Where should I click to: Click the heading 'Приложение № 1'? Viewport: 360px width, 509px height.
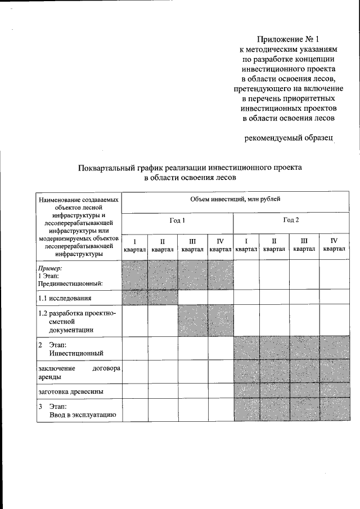288,39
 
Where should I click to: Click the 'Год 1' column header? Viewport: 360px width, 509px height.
177,220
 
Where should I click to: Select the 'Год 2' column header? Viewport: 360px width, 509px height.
291,220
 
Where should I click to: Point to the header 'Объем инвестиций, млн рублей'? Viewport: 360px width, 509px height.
235,199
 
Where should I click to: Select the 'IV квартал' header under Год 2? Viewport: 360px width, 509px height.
334,245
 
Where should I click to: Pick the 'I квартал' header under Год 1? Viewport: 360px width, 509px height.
134,245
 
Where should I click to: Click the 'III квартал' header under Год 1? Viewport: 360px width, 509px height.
192,245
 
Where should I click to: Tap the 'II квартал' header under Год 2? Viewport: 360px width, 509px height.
274,245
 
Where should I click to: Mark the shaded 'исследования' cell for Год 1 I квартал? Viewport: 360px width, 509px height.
134,297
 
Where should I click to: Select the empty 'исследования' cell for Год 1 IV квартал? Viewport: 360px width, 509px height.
220,297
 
